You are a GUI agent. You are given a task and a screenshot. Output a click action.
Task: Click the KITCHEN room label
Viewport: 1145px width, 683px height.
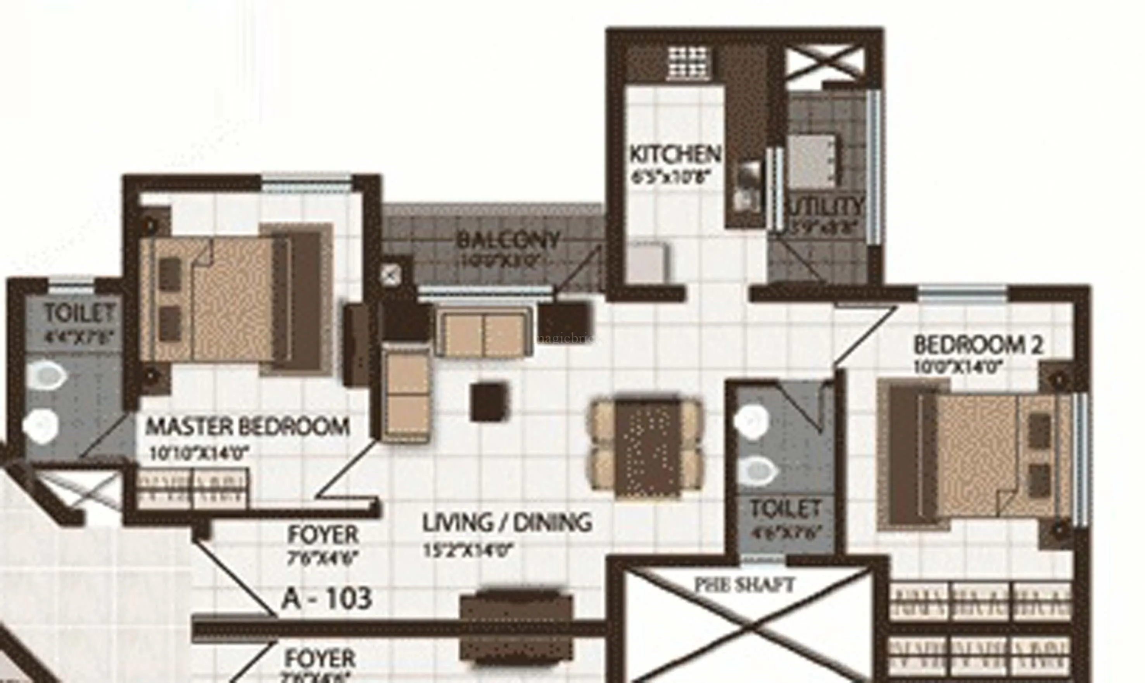[x=675, y=155]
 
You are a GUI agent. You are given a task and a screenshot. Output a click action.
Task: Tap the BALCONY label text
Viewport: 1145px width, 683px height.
[x=508, y=240]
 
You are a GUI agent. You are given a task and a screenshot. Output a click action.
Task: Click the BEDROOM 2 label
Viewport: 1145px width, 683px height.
[x=978, y=345]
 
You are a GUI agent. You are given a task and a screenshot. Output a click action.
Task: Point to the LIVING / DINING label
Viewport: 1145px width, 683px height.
[x=507, y=523]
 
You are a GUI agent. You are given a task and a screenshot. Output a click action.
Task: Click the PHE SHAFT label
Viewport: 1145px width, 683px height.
[x=744, y=585]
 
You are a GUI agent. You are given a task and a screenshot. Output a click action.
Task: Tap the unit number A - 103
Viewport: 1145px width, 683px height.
[x=326, y=599]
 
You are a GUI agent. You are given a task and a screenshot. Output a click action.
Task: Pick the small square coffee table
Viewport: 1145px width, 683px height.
[x=489, y=402]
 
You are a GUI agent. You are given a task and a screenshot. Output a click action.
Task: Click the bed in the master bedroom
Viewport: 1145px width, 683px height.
[x=235, y=299]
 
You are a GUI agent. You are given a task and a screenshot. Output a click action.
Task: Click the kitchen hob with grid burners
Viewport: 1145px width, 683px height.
[x=688, y=63]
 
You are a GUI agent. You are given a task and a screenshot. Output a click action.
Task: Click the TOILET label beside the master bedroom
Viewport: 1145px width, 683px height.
[x=79, y=314]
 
